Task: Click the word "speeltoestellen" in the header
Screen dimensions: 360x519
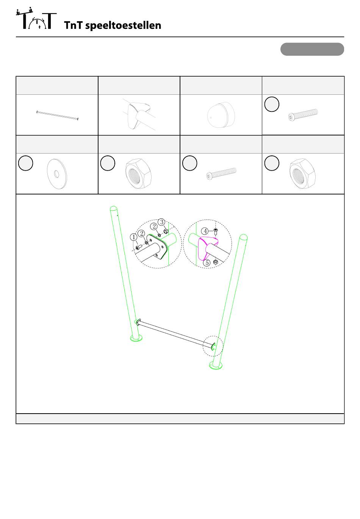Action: click(123, 26)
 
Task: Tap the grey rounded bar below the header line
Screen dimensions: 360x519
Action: click(312, 49)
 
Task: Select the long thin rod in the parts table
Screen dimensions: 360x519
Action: click(58, 115)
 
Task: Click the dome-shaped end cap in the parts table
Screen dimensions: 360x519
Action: click(221, 115)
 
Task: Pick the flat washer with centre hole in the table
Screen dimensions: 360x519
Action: click(57, 174)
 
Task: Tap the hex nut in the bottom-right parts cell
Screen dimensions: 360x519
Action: click(302, 174)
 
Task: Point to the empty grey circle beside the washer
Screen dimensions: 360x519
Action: click(25, 163)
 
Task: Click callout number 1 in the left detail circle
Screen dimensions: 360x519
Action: click(133, 237)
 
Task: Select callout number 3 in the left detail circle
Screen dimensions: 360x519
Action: click(161, 222)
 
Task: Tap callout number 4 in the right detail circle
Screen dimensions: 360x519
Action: click(205, 231)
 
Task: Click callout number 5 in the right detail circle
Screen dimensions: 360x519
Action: click(207, 262)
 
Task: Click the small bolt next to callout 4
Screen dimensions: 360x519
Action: click(216, 232)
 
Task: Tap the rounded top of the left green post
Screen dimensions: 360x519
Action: click(114, 208)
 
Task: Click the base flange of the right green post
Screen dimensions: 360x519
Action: click(216, 365)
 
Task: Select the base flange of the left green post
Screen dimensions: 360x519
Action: click(136, 338)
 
